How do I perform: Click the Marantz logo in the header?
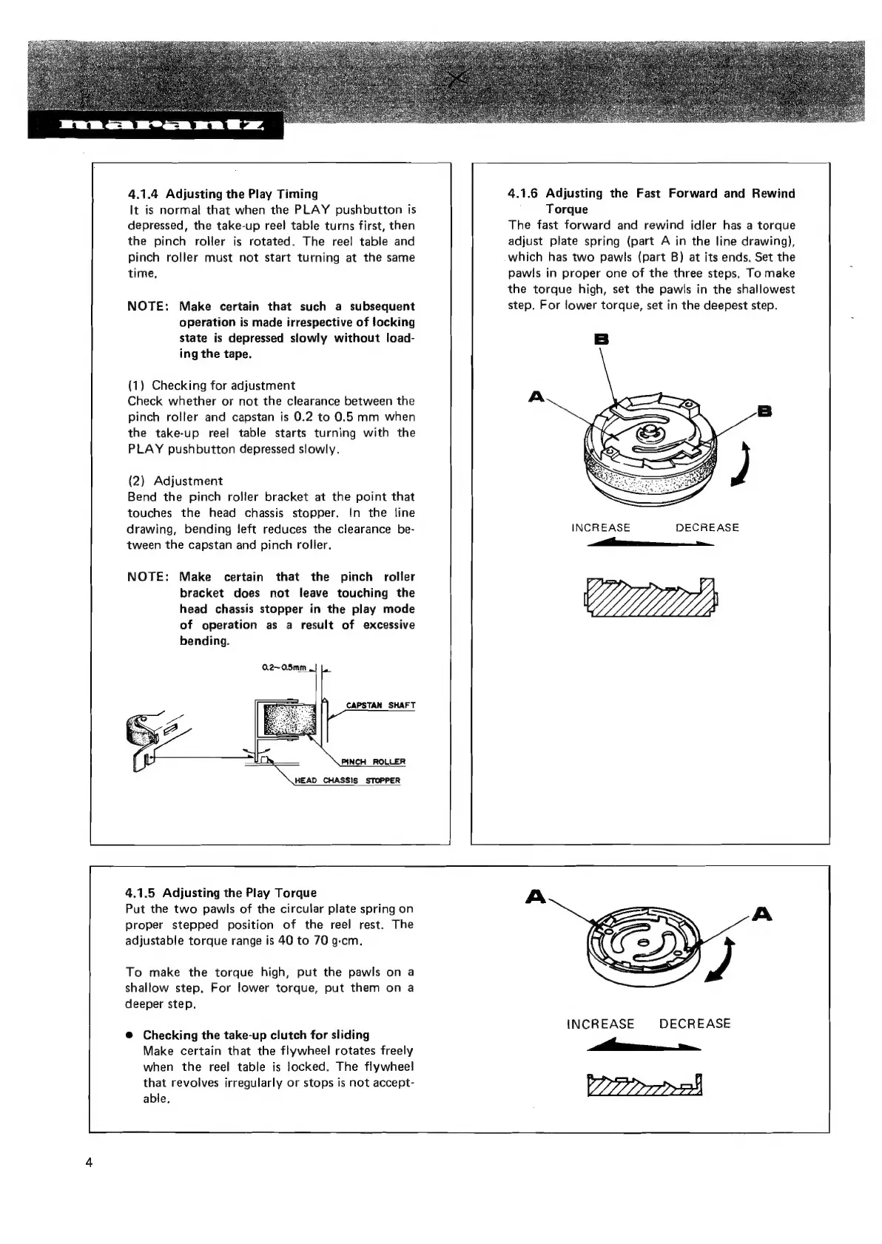point(155,127)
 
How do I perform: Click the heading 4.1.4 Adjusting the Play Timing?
point(223,194)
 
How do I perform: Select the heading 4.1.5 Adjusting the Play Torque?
point(220,893)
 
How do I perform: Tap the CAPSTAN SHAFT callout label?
point(380,705)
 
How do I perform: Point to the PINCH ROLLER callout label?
point(373,762)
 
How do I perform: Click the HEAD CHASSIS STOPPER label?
point(347,780)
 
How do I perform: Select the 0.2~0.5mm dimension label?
point(284,668)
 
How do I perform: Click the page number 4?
point(89,1162)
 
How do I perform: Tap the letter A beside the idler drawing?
point(536,397)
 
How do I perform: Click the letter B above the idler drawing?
point(601,339)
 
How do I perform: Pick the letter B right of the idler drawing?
point(763,410)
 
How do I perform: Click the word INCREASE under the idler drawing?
point(601,527)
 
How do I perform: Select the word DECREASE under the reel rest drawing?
point(694,1024)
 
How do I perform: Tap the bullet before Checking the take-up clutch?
point(129,1035)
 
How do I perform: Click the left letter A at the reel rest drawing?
point(534,897)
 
